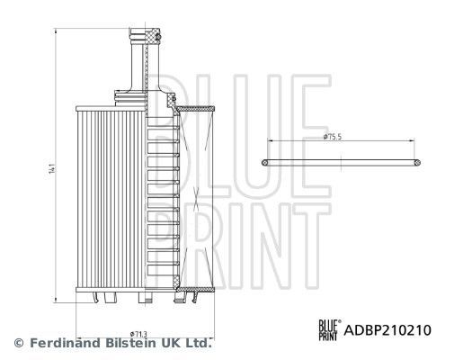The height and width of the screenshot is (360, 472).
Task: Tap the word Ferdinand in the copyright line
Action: [63, 343]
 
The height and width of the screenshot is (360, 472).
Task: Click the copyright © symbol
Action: [18, 343]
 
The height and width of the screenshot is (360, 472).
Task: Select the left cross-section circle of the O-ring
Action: [266, 162]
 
